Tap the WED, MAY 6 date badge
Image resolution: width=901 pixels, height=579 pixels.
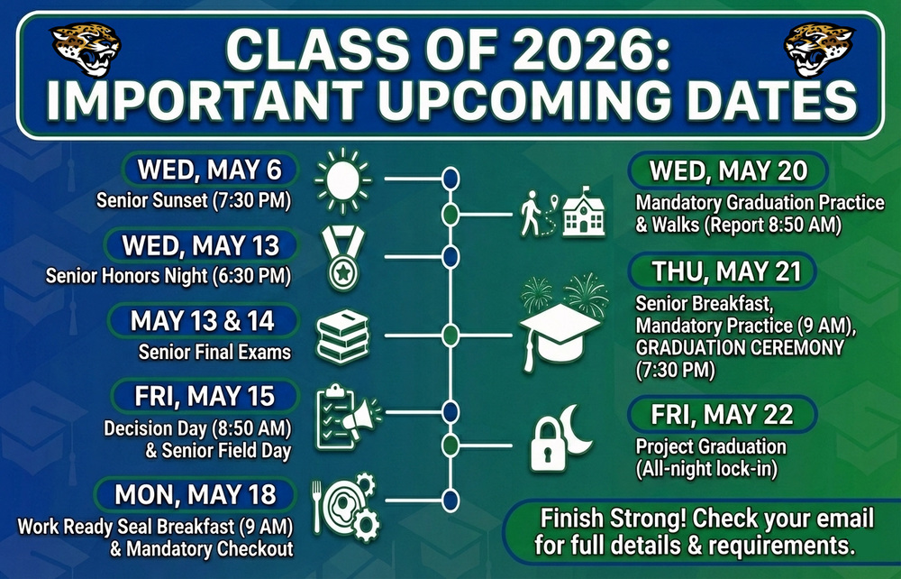tap(209, 170)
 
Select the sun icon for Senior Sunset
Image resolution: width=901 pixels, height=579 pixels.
tap(342, 180)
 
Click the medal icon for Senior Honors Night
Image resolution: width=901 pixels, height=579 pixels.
tap(344, 258)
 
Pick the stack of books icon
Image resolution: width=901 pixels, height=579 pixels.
tap(343, 336)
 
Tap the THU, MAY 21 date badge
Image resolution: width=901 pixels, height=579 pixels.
tap(721, 270)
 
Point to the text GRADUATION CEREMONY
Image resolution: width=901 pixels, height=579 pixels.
tap(739, 347)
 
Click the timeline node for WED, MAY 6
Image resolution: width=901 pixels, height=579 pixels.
tap(450, 179)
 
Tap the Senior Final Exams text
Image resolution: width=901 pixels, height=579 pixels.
tap(214, 352)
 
